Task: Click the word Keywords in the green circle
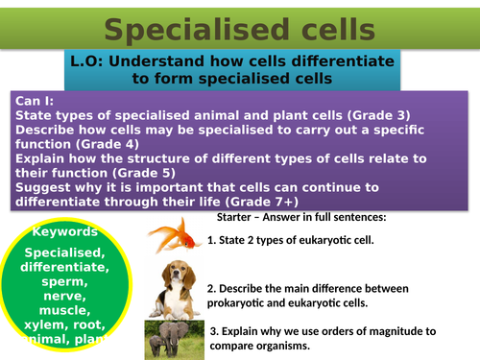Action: point(65,232)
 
